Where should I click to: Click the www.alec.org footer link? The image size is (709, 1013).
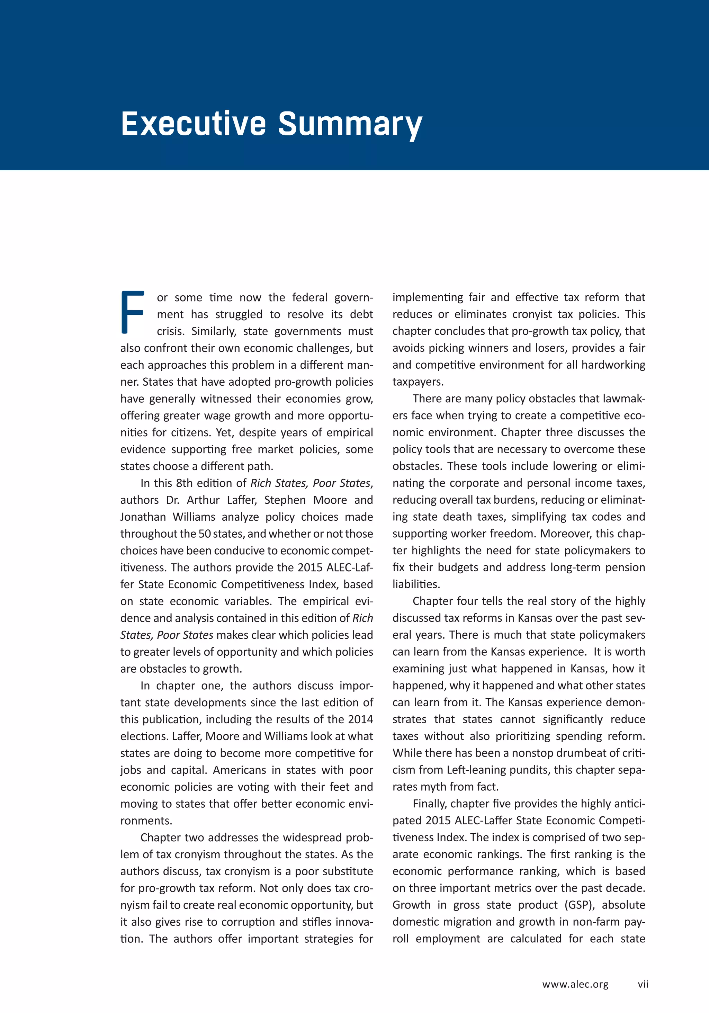coord(575,984)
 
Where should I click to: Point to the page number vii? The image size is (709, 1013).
coord(643,984)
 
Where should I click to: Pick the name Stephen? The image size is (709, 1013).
coord(285,500)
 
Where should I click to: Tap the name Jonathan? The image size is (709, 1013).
coord(143,517)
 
